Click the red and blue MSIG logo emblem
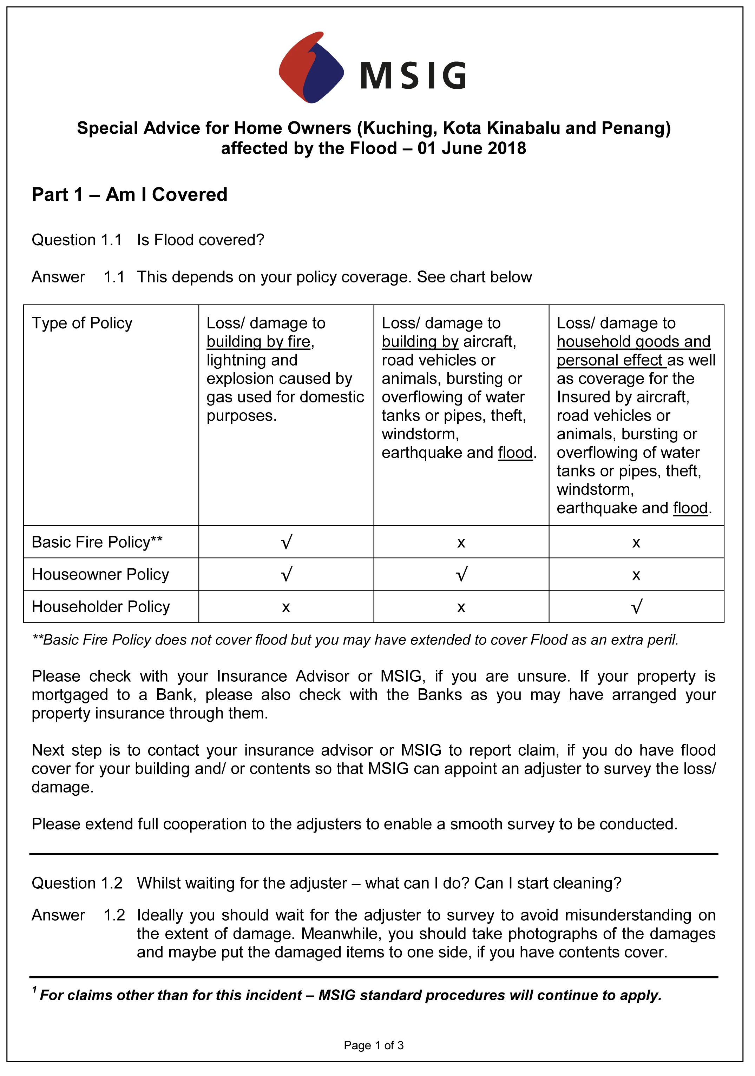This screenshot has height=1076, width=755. point(311,68)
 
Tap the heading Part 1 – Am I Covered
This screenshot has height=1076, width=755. point(130,194)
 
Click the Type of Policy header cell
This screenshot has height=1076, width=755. point(82,323)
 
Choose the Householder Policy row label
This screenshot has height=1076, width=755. point(101,607)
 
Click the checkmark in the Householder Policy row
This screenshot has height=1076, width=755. point(636,607)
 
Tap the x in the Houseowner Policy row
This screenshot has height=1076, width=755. point(636,575)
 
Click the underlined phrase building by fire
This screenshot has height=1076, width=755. point(258,342)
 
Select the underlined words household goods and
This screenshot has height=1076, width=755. point(633,342)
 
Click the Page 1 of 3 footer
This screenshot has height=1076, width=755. point(374,1045)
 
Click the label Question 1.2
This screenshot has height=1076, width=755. point(77,883)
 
